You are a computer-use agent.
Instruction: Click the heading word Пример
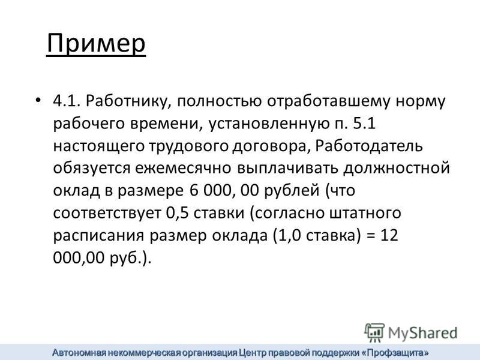click(96, 44)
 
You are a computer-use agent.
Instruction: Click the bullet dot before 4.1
click(38, 101)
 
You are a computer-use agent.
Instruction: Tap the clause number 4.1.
click(67, 101)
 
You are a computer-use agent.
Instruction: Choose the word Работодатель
click(369, 146)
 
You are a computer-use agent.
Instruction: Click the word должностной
click(396, 169)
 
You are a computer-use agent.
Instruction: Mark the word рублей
click(292, 191)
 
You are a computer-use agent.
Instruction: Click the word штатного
click(365, 213)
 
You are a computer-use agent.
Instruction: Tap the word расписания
click(98, 236)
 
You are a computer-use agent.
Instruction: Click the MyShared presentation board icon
click(374, 332)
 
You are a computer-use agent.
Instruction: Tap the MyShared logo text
click(422, 333)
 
